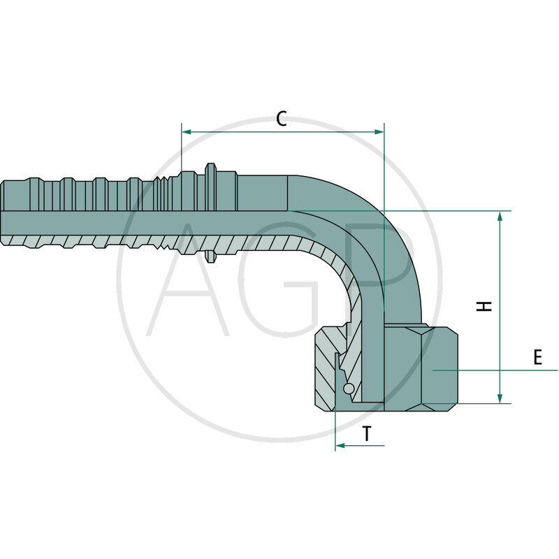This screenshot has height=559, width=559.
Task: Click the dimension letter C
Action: (281, 119)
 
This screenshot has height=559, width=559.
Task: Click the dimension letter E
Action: (537, 358)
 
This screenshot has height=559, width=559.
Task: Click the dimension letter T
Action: (367, 434)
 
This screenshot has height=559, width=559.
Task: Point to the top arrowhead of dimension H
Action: (500, 216)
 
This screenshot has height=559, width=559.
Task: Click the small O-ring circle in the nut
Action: (349, 389)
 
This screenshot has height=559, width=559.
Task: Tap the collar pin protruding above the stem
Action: (210, 170)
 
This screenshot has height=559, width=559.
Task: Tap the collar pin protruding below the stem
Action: (210, 257)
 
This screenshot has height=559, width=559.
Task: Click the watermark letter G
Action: (279, 279)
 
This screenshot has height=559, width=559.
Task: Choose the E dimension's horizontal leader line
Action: (503, 370)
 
